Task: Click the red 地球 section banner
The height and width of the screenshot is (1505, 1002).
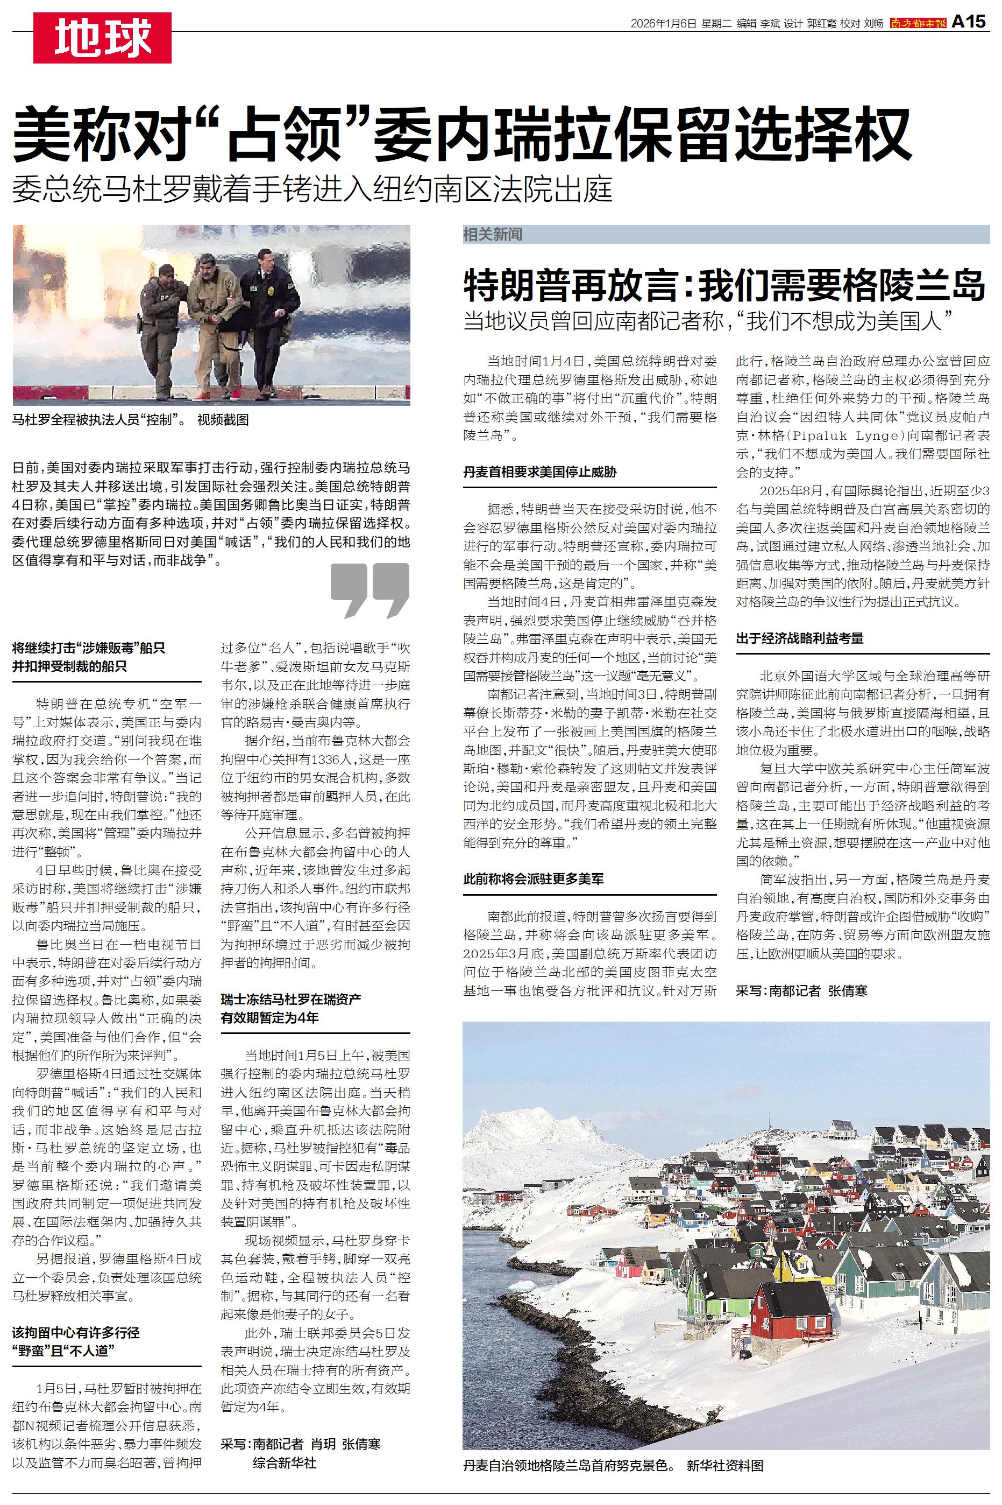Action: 102,38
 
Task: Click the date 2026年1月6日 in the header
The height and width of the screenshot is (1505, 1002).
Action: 662,24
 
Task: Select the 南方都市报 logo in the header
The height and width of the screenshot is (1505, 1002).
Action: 918,24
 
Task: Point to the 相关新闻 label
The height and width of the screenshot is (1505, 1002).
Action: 493,235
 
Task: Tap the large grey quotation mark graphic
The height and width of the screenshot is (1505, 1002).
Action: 369,590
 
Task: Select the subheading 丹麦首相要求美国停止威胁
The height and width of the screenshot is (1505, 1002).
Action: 539,473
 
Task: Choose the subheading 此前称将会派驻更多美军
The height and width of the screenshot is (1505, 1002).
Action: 533,878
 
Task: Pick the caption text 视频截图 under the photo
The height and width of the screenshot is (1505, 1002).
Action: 223,420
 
